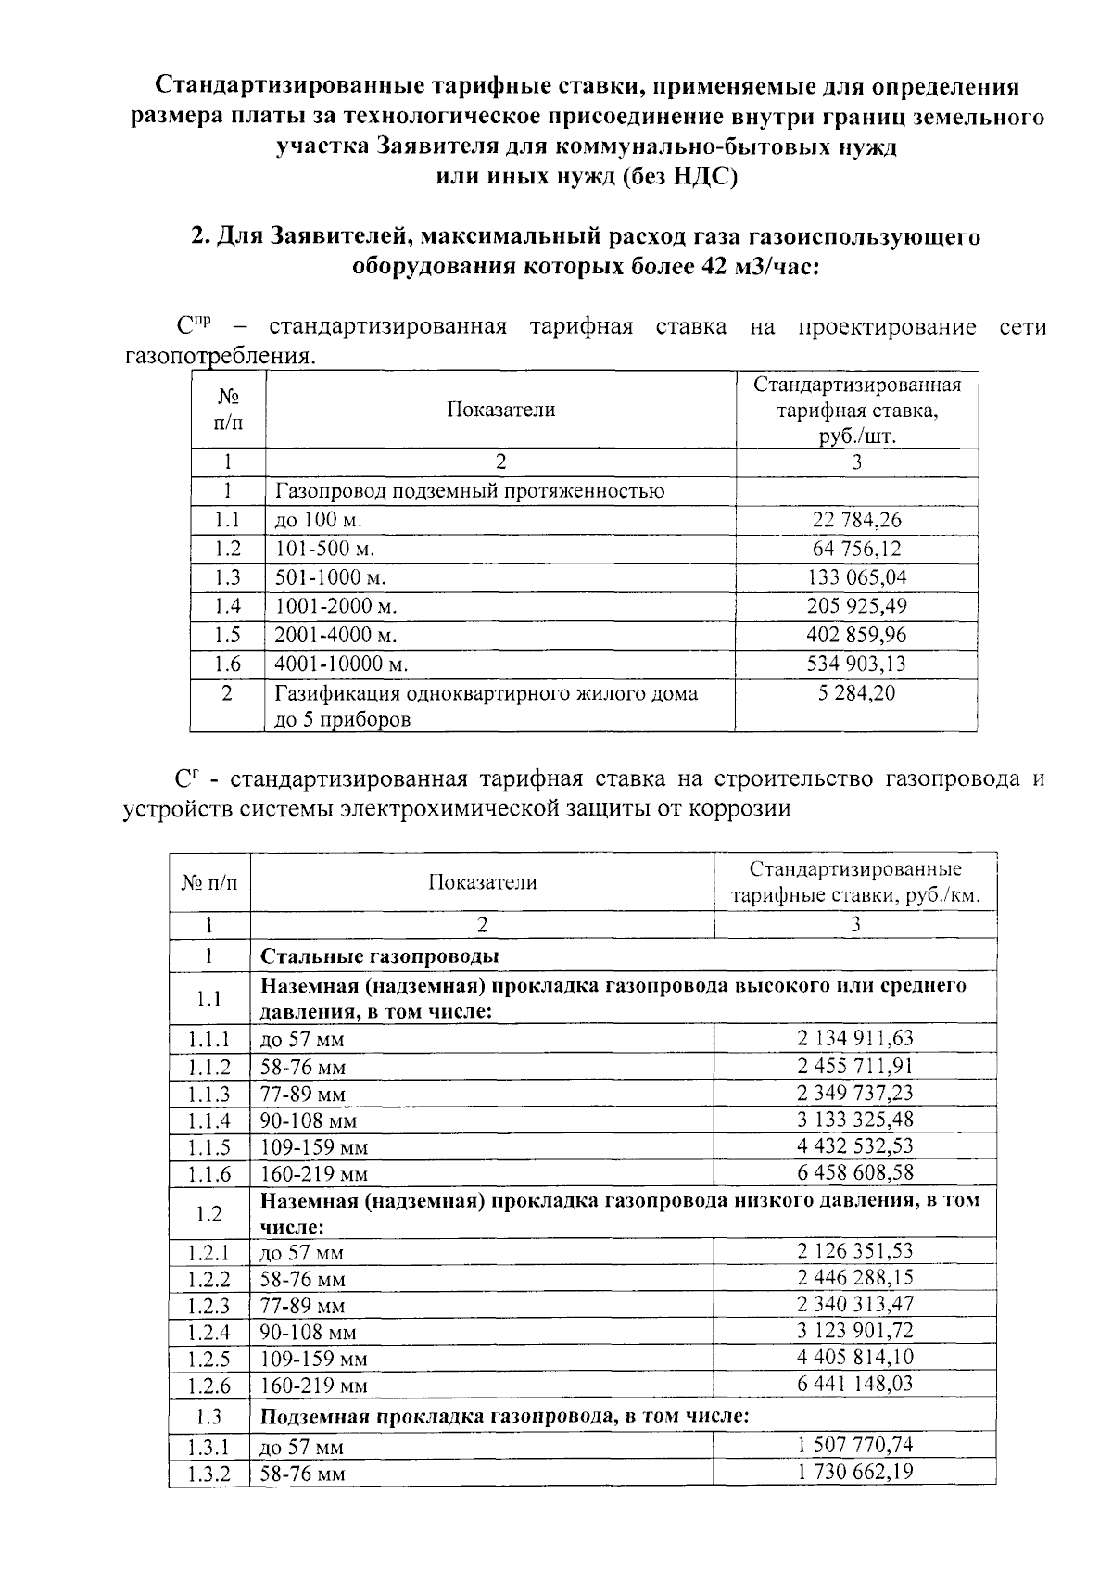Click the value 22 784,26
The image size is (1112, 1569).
(x=856, y=520)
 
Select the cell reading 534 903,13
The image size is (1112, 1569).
(x=856, y=664)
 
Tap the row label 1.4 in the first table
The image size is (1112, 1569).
(x=227, y=606)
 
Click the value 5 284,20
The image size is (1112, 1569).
(x=856, y=693)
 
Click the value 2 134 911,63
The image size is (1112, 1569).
(x=855, y=1038)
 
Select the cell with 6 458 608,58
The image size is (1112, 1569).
(x=855, y=1172)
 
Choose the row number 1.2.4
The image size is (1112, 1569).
(x=208, y=1332)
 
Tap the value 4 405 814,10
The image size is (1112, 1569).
(x=855, y=1357)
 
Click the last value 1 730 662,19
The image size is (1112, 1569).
(x=855, y=1472)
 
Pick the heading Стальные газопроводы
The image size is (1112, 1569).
(x=380, y=956)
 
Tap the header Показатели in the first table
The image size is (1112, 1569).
(x=500, y=410)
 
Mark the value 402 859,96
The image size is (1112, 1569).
(x=856, y=635)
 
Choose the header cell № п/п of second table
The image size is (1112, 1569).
(x=208, y=882)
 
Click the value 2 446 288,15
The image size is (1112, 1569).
(x=855, y=1278)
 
